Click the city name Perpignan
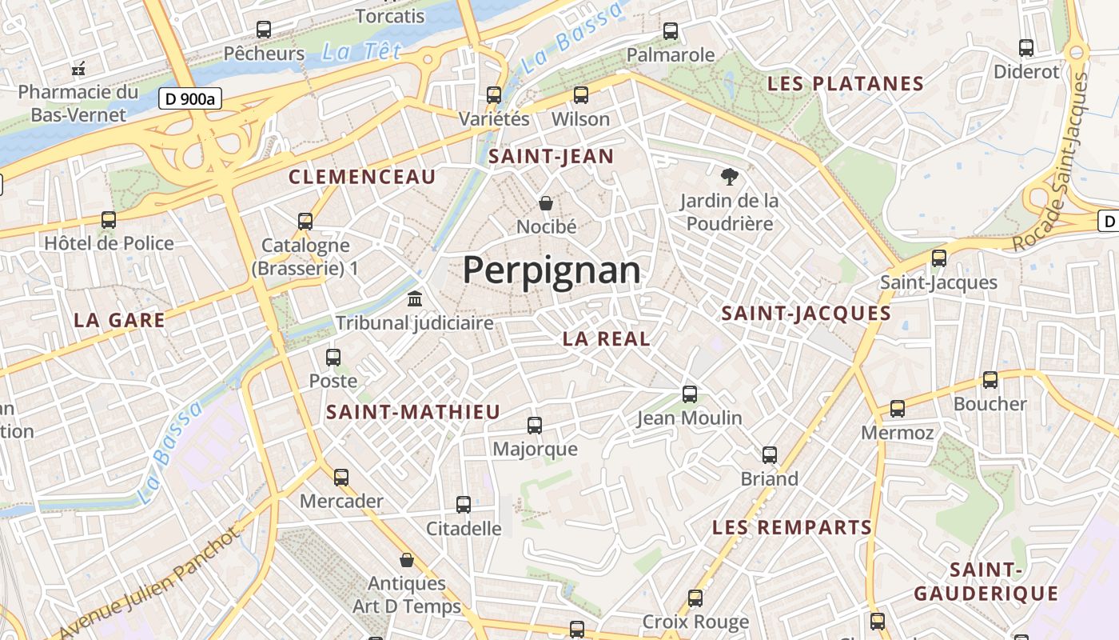point(552,270)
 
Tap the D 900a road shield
point(189,99)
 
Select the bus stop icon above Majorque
point(535,426)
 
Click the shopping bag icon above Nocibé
point(546,203)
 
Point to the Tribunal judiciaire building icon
point(415,299)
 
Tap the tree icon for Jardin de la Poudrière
point(729,177)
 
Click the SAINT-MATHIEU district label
point(413,412)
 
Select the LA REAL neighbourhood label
point(606,338)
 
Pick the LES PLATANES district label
point(845,83)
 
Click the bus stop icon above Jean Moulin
point(690,394)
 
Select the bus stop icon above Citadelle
point(464,505)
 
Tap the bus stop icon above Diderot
point(1026,48)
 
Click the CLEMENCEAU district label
point(362,177)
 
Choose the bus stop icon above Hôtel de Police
point(109,219)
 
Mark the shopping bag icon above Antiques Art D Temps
point(407,560)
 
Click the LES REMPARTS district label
point(791,527)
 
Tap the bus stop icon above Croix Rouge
point(695,598)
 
